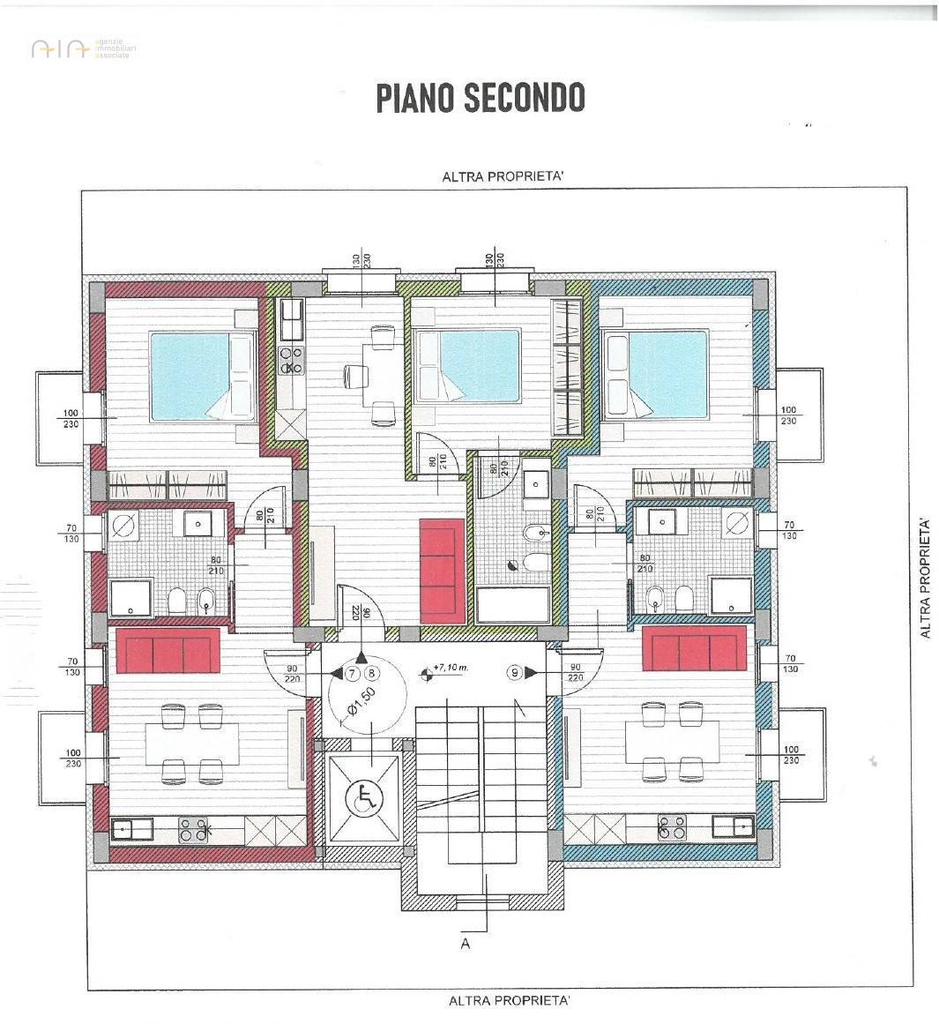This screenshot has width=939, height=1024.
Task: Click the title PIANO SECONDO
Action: click(x=481, y=98)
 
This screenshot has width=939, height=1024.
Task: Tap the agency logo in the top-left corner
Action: click(x=84, y=49)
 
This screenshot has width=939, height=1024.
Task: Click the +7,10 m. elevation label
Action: click(x=451, y=669)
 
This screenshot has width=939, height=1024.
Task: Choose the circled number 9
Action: click(x=515, y=673)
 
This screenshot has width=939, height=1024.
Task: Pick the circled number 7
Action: click(x=352, y=673)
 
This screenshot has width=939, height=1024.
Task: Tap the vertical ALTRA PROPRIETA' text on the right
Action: click(x=925, y=579)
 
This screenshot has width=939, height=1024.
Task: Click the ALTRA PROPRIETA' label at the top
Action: click(x=503, y=176)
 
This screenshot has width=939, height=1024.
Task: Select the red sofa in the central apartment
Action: click(x=442, y=569)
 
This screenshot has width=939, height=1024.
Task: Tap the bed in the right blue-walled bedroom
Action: click(x=657, y=374)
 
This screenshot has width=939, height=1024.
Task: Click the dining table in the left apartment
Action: click(x=192, y=744)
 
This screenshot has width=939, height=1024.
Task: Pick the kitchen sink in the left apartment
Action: click(x=123, y=829)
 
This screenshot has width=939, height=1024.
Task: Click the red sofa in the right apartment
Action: click(x=694, y=648)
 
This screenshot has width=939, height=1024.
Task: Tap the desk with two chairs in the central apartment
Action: click(x=382, y=376)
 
